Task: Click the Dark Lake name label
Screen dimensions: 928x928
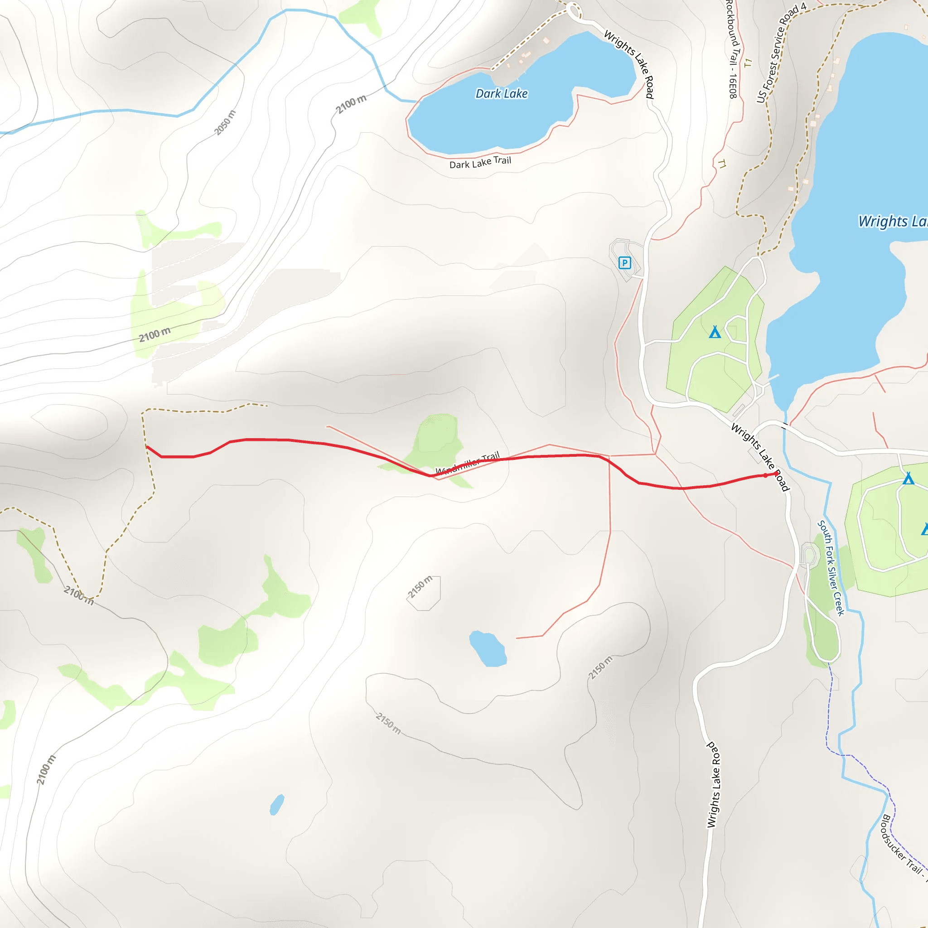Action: [x=502, y=94]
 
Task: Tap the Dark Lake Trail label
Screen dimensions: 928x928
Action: [x=480, y=162]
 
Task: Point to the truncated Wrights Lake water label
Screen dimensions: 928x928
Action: [x=893, y=222]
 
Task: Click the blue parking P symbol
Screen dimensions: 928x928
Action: [x=624, y=263]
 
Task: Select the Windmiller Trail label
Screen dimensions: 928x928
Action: [x=467, y=463]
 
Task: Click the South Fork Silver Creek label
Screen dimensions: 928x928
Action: [x=831, y=568]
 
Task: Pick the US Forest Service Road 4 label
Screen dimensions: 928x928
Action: [x=781, y=53]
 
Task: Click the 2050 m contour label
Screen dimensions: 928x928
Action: [x=225, y=123]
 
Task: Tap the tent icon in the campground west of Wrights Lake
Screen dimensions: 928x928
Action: [x=715, y=333]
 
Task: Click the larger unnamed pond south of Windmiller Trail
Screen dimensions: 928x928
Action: [x=488, y=649]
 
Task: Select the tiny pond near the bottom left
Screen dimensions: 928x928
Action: [x=277, y=805]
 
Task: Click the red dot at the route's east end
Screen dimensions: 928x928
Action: [x=765, y=475]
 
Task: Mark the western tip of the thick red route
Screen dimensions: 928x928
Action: [x=146, y=446]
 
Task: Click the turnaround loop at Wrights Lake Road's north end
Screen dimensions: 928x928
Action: [x=573, y=10]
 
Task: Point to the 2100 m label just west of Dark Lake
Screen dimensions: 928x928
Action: [x=351, y=104]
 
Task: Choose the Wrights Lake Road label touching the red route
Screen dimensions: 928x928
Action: [x=760, y=457]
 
